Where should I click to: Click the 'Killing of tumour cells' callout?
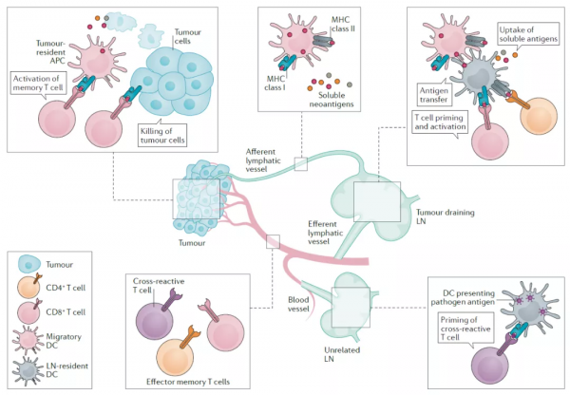coord(162,136)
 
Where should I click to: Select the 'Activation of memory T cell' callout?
coord(38,84)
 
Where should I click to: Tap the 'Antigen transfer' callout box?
coord(434,95)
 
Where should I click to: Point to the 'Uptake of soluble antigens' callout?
coord(528,34)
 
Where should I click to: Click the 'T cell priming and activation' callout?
coord(440,122)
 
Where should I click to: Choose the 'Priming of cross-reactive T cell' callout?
coord(465,329)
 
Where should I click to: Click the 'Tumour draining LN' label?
coord(445,216)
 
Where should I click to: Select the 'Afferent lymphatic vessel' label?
coord(263,160)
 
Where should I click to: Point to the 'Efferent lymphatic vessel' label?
coord(325,233)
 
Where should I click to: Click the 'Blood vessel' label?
coord(298,304)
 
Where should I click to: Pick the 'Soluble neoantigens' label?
coord(332,100)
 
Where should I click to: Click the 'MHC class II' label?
coord(343,24)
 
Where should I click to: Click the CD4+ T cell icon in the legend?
coord(29,287)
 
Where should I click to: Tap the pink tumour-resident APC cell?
coord(96,61)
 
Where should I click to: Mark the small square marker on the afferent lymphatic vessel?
coord(300,164)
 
